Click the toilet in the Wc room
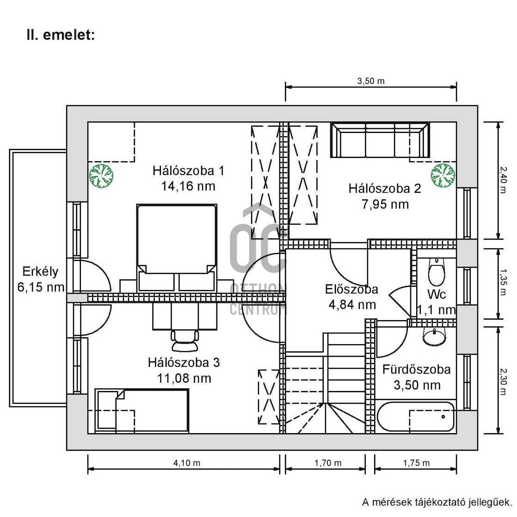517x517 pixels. [x=436, y=272]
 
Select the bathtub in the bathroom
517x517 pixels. [x=416, y=417]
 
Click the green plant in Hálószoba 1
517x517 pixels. [x=102, y=176]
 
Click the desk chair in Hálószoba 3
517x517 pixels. [x=185, y=340]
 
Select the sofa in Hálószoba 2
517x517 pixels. [x=380, y=140]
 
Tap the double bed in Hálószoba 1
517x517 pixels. [x=177, y=248]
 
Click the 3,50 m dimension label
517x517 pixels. [x=371, y=81]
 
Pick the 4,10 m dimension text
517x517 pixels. [x=187, y=463]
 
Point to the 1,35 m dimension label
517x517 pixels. [x=503, y=282]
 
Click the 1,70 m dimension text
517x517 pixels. [x=328, y=463]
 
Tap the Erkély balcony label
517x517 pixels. [x=40, y=271]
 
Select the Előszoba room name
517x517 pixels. [x=351, y=289]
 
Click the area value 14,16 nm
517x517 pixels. [x=188, y=186]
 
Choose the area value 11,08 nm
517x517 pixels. [x=184, y=378]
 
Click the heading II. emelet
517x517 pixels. [x=61, y=35]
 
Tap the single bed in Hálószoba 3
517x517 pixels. [x=142, y=410]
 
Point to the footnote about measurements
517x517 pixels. [x=437, y=502]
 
